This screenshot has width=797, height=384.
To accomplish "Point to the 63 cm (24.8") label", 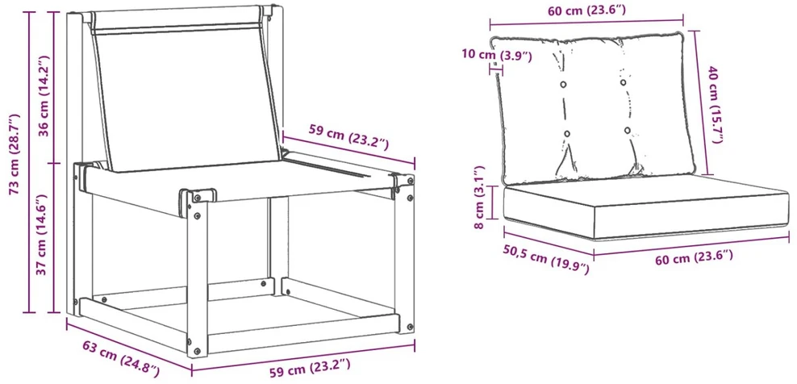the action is [121, 359].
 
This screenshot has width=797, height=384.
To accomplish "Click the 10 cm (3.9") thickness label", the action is [497, 55].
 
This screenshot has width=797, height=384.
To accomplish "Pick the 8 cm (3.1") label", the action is [480, 196].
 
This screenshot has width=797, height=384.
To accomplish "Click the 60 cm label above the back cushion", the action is [586, 10].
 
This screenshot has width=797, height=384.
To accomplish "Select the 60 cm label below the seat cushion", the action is [694, 257].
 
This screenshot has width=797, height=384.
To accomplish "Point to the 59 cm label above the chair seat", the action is [348, 137].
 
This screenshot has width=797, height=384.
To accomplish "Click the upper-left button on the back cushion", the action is [563, 84].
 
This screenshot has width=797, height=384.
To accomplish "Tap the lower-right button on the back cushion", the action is [628, 130].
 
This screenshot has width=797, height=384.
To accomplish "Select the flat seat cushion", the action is [645, 206].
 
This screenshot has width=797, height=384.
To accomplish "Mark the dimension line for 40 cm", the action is [701, 102].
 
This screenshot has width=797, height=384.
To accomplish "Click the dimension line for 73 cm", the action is [28, 161].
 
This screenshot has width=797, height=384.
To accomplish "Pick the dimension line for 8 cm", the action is [492, 202].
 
